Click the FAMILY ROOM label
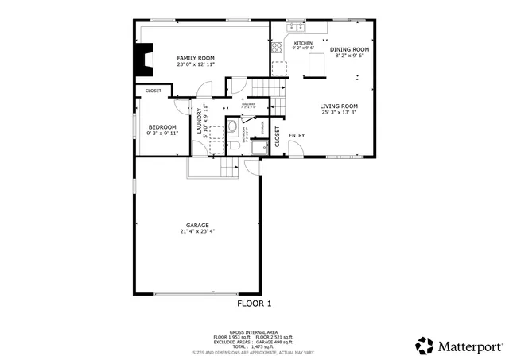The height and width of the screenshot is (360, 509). click(196, 58)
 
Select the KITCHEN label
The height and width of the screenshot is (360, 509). click(303, 43)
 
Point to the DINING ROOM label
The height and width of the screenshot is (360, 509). click(350, 49)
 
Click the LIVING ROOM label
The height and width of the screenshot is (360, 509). click(339, 106)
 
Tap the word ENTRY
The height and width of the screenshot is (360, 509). click(297, 135)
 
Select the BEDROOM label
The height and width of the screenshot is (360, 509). click(163, 127)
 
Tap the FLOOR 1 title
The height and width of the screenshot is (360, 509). click(254, 303)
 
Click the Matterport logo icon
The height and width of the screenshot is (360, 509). click(425, 346)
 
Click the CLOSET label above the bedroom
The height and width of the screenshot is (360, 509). click(153, 91)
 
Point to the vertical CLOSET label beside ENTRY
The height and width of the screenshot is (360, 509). click(278, 137)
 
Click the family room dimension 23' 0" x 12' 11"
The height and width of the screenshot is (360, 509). click(196, 64)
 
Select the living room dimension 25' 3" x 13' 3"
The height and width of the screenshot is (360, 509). click(339, 112)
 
